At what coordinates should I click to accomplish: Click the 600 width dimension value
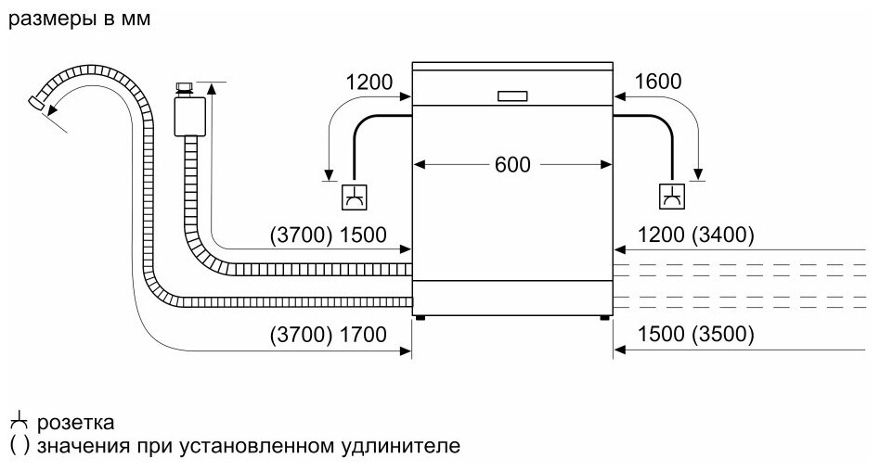[511, 165]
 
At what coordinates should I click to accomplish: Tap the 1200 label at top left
[368, 82]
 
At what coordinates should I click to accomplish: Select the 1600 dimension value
[657, 82]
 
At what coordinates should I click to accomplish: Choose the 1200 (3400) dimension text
[696, 235]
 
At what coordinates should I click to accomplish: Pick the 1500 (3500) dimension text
[696, 335]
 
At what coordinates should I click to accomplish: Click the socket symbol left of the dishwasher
[355, 197]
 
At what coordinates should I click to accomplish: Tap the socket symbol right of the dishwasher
[670, 197]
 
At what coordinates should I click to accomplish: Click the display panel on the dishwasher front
[512, 95]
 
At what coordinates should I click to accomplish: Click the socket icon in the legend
[17, 423]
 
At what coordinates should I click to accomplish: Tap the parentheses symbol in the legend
[17, 446]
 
